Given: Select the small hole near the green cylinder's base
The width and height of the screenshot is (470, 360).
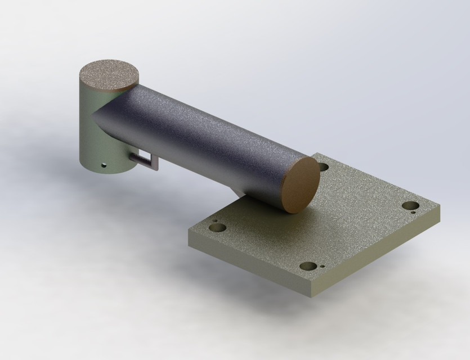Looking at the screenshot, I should [x=104, y=166].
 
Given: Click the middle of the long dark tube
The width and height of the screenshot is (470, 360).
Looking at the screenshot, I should [x=203, y=141].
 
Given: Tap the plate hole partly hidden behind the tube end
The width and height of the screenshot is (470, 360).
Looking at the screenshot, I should [x=324, y=167].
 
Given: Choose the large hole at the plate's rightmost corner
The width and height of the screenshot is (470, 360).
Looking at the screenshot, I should [x=410, y=206].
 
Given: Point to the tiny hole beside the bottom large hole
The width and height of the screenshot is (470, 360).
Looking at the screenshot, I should [x=323, y=267].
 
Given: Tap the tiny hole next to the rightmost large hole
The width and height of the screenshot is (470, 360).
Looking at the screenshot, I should [x=414, y=213].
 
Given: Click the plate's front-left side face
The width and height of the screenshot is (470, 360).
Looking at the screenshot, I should [x=248, y=265].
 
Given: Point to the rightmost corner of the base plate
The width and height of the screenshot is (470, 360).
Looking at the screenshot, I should [x=440, y=208].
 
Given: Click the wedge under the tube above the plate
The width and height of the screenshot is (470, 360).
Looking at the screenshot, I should [x=239, y=193].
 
